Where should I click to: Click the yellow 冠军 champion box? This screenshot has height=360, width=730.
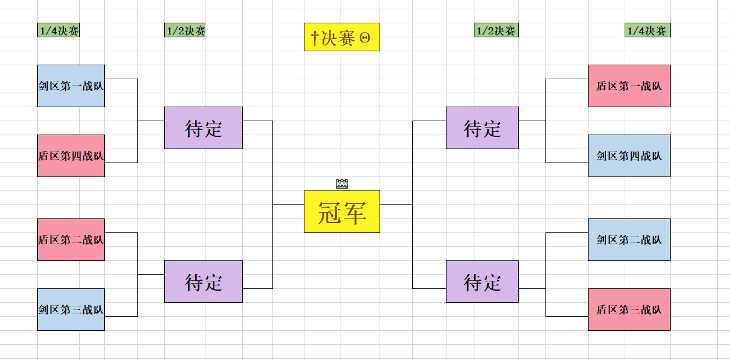click(x=342, y=211)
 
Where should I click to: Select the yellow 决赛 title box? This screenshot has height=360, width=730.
click(x=342, y=37)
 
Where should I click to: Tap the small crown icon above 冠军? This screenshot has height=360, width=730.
click(x=342, y=184)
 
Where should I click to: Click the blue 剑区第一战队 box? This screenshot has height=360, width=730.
click(x=71, y=86)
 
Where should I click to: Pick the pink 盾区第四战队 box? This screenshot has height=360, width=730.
click(x=71, y=156)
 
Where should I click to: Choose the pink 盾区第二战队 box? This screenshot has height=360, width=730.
click(x=71, y=239)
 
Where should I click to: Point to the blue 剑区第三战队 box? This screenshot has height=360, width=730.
click(x=71, y=309)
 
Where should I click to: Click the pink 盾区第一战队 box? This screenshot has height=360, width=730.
click(x=629, y=86)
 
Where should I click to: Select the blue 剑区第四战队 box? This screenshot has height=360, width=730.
click(x=629, y=156)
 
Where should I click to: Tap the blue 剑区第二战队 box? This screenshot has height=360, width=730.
click(x=629, y=239)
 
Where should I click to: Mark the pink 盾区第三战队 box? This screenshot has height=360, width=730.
click(x=629, y=309)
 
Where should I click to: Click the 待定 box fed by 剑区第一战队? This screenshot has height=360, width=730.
click(x=203, y=128)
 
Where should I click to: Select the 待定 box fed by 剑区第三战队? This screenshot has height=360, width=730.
click(x=203, y=281)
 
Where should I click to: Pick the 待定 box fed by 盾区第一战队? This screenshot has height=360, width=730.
click(x=482, y=128)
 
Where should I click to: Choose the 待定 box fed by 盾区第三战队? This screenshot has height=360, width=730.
click(x=482, y=281)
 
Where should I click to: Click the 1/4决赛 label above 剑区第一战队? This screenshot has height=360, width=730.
click(x=58, y=30)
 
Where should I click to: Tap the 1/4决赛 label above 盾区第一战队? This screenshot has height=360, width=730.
click(x=647, y=30)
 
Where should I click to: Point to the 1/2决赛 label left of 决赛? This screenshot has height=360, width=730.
click(x=185, y=30)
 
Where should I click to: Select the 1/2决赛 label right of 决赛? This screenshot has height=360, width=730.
click(x=495, y=30)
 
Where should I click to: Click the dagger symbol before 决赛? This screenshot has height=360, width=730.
click(x=315, y=38)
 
